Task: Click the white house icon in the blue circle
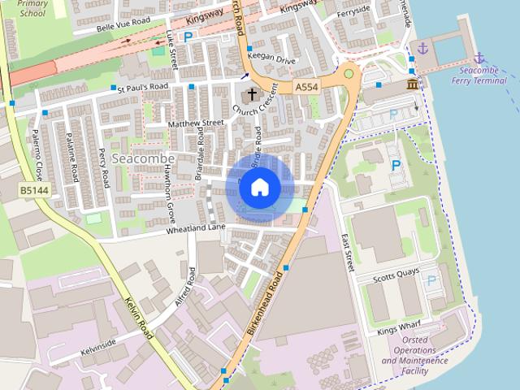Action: point(259,187)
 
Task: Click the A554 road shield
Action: point(306,87)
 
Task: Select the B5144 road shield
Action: point(32,191)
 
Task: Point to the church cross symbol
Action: point(251,95)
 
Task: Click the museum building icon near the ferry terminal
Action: point(413,85)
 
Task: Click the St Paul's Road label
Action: point(142,87)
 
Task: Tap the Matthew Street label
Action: point(195,123)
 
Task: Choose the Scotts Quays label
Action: point(394,277)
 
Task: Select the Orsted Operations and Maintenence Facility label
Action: point(415,355)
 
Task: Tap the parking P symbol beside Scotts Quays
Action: point(431,282)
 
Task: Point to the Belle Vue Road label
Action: point(123,27)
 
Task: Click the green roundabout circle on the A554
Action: point(349,74)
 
